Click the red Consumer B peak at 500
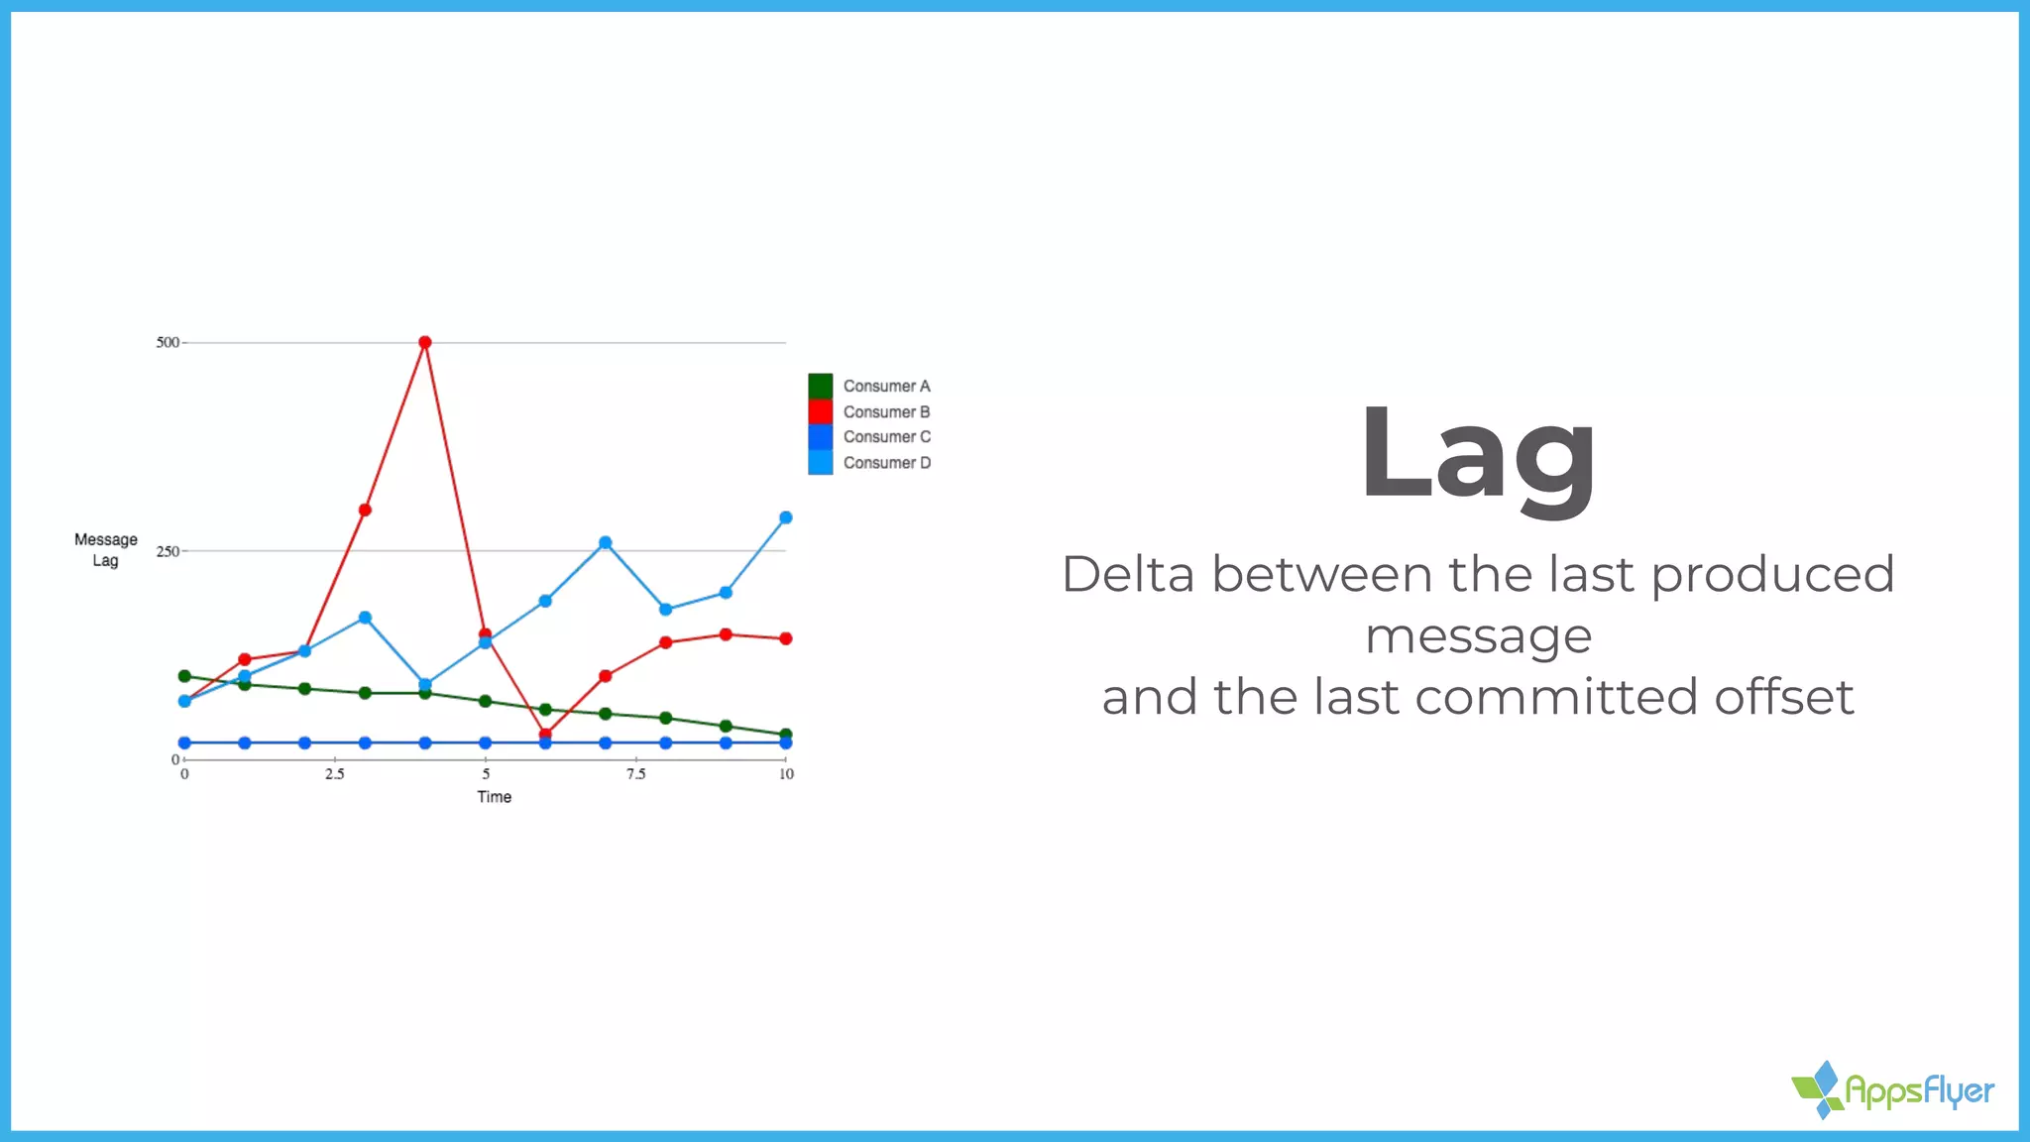click(x=425, y=342)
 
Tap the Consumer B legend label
click(x=886, y=411)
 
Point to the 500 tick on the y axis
click(x=168, y=342)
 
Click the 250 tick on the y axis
click(x=168, y=551)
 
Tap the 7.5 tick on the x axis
click(x=635, y=774)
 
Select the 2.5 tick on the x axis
click(x=335, y=774)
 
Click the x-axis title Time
click(x=494, y=797)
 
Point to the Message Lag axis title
click(x=106, y=550)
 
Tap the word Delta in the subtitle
click(x=1128, y=575)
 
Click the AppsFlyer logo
click(x=1893, y=1090)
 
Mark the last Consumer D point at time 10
click(x=786, y=517)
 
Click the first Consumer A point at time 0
click(x=184, y=676)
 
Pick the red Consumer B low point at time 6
click(x=545, y=735)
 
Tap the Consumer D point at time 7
click(x=606, y=542)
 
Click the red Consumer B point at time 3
click(x=365, y=510)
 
